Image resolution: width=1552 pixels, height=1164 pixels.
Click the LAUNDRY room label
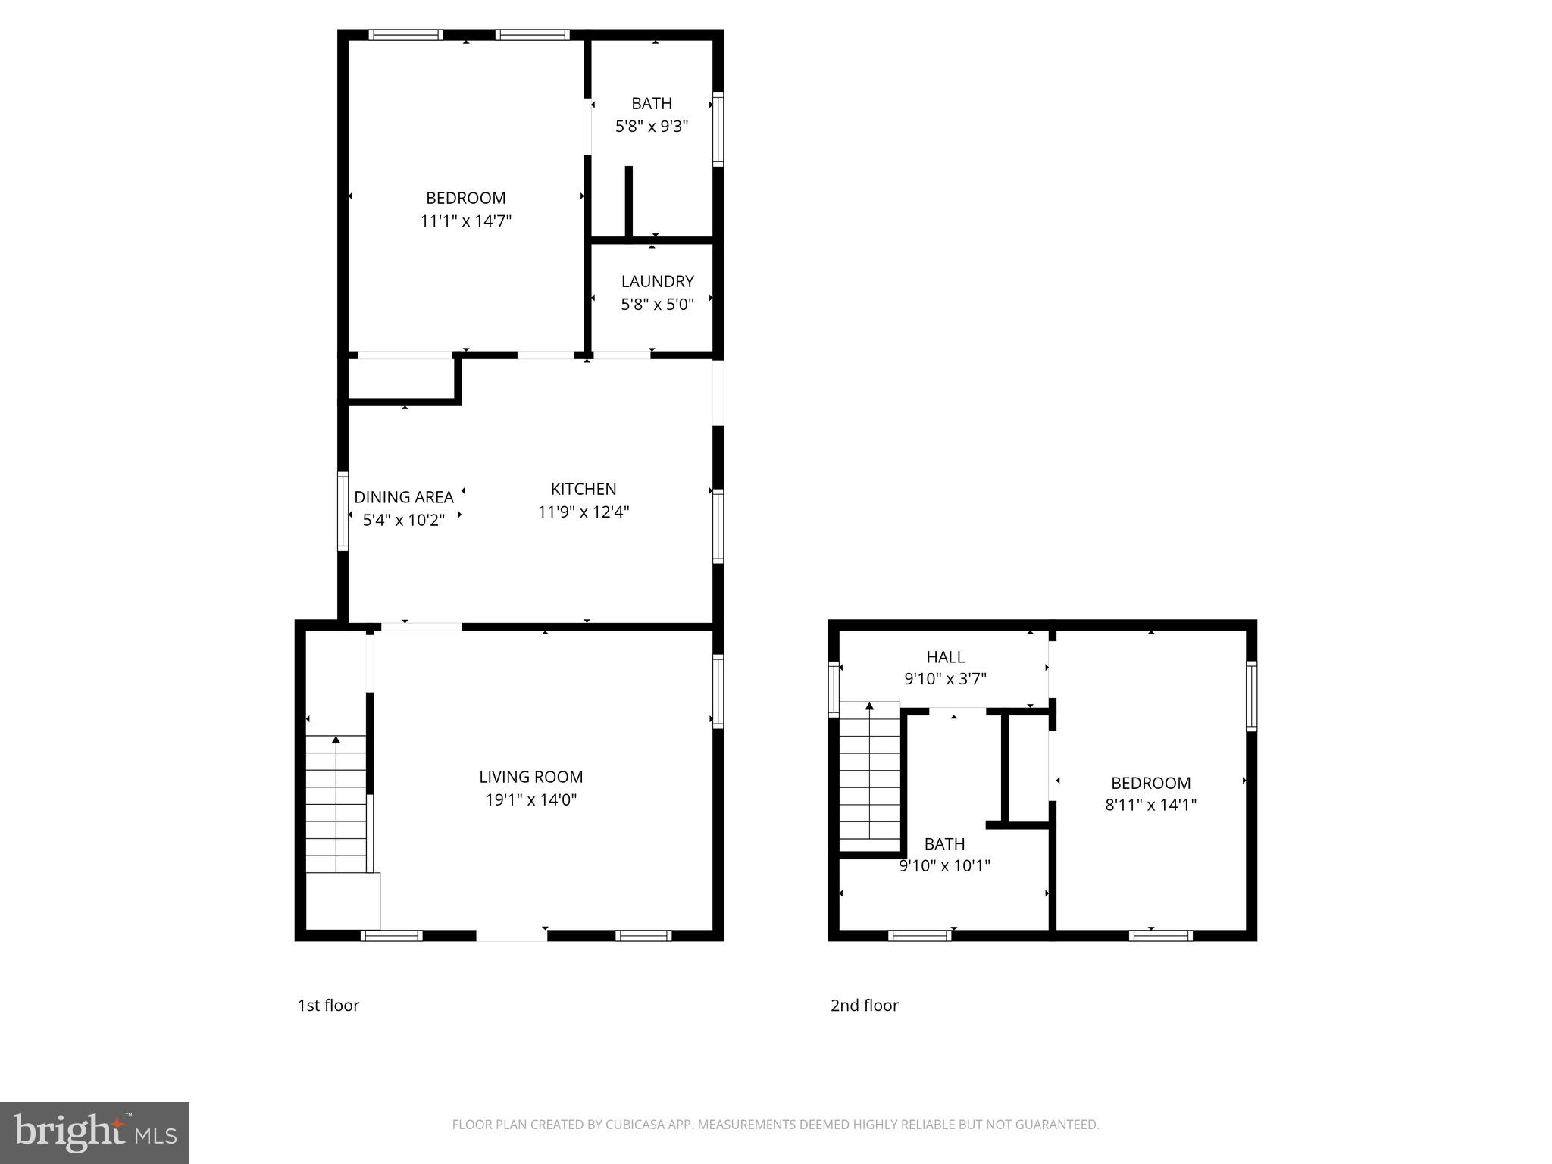click(x=657, y=281)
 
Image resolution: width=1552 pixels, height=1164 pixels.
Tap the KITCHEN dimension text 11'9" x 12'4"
click(x=584, y=512)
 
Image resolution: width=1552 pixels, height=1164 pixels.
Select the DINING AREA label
click(x=404, y=497)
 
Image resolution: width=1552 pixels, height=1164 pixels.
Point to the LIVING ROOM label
click(x=530, y=777)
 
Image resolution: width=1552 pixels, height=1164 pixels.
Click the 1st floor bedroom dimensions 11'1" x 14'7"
click(x=466, y=221)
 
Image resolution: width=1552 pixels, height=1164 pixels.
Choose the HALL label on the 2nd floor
click(x=945, y=657)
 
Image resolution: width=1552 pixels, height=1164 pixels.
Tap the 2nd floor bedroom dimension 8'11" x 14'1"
click(x=1150, y=805)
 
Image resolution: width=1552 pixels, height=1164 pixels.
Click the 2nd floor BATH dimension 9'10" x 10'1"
click(x=944, y=865)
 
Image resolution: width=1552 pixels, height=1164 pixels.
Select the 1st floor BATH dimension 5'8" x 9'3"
click(x=651, y=126)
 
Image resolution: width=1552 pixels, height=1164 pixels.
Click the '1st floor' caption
click(x=328, y=1005)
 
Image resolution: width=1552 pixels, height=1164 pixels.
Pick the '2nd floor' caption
click(x=864, y=1005)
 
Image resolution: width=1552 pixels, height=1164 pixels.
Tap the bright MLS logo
click(x=95, y=1133)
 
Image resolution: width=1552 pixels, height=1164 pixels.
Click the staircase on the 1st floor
click(x=336, y=803)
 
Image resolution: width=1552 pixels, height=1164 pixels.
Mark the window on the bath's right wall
click(x=718, y=129)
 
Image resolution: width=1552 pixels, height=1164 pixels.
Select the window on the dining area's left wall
click(x=343, y=511)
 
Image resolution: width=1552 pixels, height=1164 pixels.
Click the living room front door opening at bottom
click(x=512, y=936)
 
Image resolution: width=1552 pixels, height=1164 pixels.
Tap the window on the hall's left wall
click(x=834, y=689)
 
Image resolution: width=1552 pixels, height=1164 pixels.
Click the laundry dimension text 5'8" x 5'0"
click(x=657, y=305)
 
